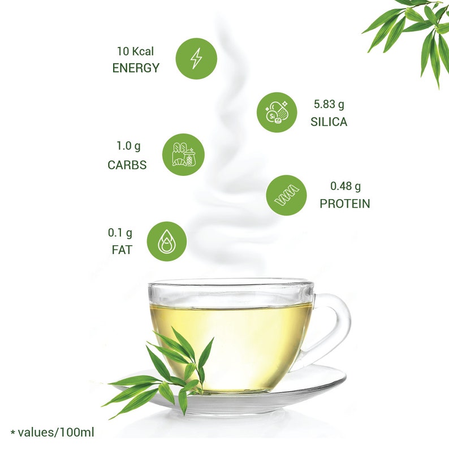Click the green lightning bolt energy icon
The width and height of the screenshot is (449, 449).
(196, 58)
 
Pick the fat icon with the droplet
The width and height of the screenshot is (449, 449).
(167, 241)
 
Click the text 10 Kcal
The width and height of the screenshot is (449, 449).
(136, 51)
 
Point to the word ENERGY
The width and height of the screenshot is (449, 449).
(136, 68)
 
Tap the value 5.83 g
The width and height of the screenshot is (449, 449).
(329, 104)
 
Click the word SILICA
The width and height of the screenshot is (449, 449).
(329, 122)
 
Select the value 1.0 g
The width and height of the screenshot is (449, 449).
(128, 146)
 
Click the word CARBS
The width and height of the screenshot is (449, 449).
(127, 165)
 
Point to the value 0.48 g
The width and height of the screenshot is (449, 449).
(346, 185)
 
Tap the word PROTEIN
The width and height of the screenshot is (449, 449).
(345, 204)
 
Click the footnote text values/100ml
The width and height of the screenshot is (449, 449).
(56, 433)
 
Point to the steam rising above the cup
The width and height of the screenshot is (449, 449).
(226, 170)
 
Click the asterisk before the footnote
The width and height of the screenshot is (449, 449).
(12, 433)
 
